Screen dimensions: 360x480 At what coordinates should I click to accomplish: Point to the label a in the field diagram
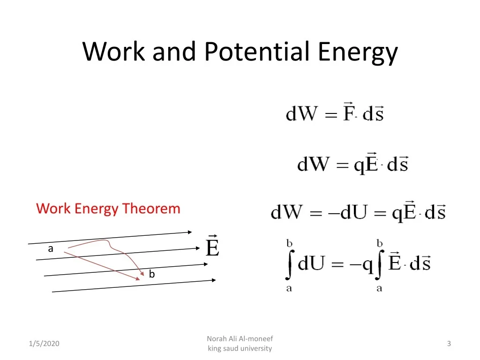coord(51,249)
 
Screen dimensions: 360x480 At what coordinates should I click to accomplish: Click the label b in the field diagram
coord(151,274)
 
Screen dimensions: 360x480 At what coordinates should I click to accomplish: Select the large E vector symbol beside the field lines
coord(212,247)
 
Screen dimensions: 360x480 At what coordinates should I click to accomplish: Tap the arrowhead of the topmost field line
coord(189,232)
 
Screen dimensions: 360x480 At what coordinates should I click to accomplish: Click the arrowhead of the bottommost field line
coord(213,280)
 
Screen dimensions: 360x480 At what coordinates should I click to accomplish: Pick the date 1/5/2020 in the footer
coord(44,344)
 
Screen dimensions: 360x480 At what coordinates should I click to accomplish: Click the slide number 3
coord(449,344)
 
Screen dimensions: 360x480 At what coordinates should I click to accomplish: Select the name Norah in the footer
coord(217,338)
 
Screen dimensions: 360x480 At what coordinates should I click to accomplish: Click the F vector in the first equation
coord(348,112)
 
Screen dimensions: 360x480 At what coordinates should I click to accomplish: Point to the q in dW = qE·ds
coord(360,165)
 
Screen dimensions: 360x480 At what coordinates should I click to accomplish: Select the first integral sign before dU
coord(289,265)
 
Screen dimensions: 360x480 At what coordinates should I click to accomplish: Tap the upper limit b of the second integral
coord(380,243)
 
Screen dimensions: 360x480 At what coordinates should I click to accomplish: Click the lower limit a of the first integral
coord(289,288)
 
